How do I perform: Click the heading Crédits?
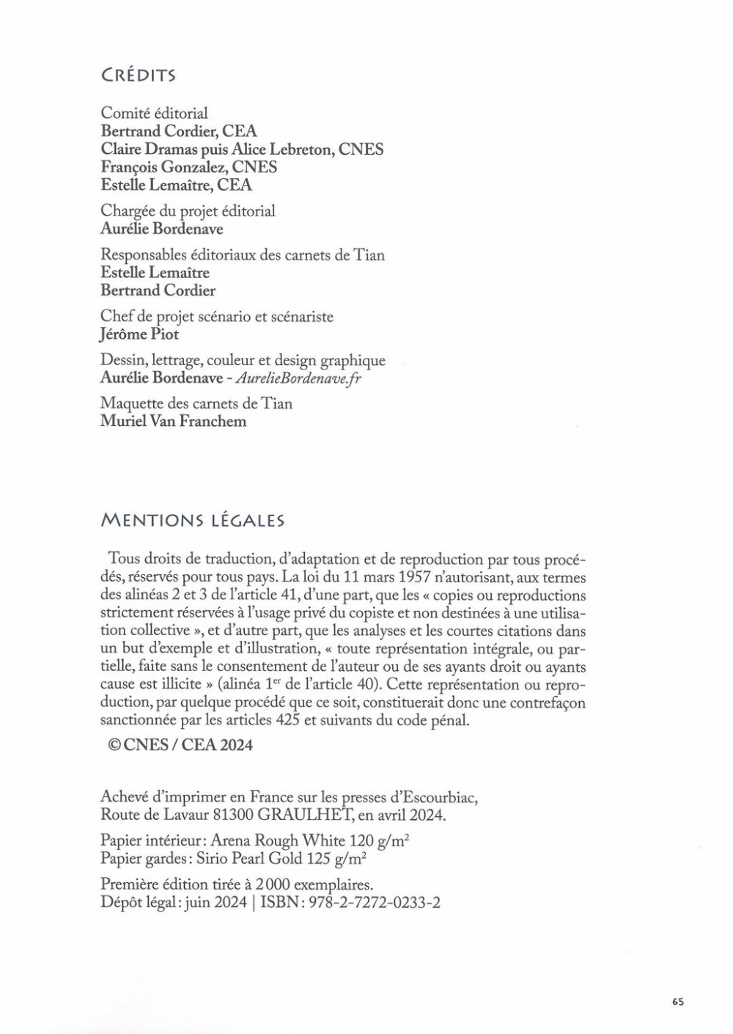(139, 76)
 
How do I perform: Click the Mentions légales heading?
(192, 521)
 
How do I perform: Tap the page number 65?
(677, 1002)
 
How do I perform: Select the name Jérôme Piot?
(139, 334)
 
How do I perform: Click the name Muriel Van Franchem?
(173, 422)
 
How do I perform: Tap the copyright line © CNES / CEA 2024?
(180, 745)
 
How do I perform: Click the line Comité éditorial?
(154, 114)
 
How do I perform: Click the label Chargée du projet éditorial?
(188, 211)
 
